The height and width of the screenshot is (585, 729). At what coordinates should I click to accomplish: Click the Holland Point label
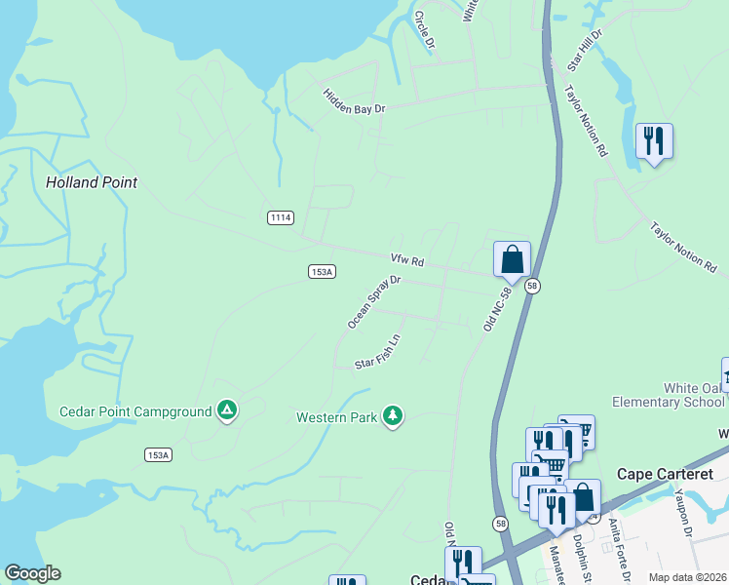(92, 182)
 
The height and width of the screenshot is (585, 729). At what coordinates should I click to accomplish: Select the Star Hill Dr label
(586, 48)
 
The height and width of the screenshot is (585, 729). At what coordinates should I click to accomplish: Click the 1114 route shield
(281, 217)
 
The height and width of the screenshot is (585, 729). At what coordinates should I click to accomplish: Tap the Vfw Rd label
(407, 261)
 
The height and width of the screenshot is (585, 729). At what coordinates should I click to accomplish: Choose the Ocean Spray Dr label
(374, 301)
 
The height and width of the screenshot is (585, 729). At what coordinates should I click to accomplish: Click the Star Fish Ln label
(378, 353)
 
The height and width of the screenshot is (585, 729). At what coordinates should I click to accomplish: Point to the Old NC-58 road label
(497, 305)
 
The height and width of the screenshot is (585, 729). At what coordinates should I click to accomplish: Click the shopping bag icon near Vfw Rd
(512, 259)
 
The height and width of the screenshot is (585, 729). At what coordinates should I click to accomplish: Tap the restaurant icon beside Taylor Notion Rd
(654, 140)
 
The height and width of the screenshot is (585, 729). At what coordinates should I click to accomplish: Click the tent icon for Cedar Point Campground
(226, 411)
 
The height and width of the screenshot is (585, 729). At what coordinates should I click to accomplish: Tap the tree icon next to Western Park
(392, 416)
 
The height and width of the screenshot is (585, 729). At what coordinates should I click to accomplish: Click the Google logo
(32, 573)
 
